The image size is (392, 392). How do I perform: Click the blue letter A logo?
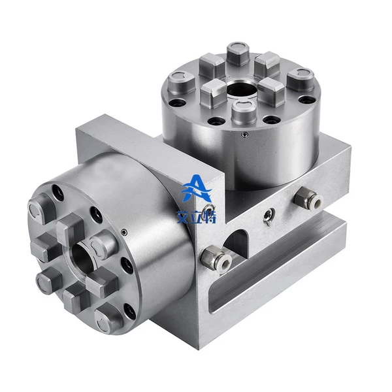coord(197,188)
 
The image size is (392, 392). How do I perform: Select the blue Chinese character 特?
coord(210,216)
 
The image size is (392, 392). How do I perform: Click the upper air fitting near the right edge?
coord(309,197)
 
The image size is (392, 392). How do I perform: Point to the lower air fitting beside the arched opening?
coord(216,258)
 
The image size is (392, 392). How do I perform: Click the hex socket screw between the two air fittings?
coord(269,215)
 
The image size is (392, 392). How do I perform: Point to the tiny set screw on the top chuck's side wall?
coord(244,135)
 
